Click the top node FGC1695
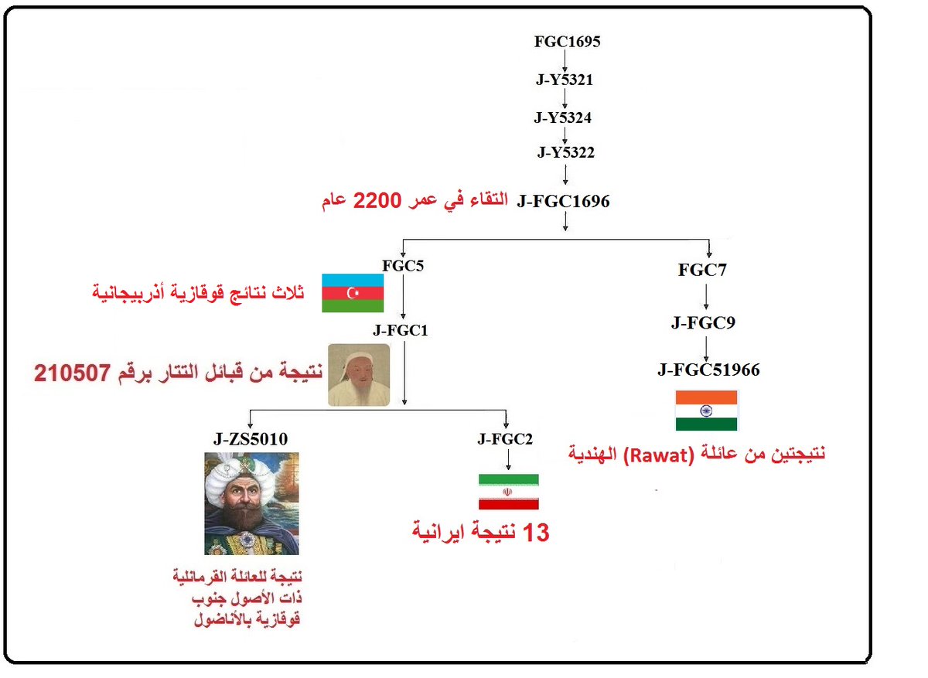click(x=567, y=42)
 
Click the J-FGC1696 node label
click(x=564, y=202)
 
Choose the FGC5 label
click(x=403, y=266)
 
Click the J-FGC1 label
click(x=401, y=330)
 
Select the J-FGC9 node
click(x=704, y=322)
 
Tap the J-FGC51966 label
click(x=708, y=370)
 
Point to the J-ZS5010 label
click(x=251, y=439)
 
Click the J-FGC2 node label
click(x=506, y=440)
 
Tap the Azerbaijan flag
click(x=353, y=293)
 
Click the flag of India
click(x=707, y=410)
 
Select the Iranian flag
click(x=508, y=492)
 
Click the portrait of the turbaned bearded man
click(x=251, y=504)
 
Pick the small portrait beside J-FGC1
click(x=359, y=375)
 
